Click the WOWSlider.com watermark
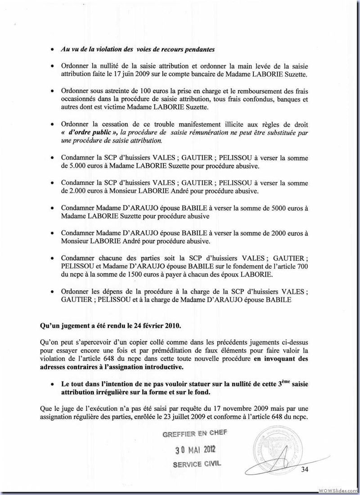pyautogui.click(x=338, y=490)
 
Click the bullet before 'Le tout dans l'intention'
pyautogui.click(x=53, y=385)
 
